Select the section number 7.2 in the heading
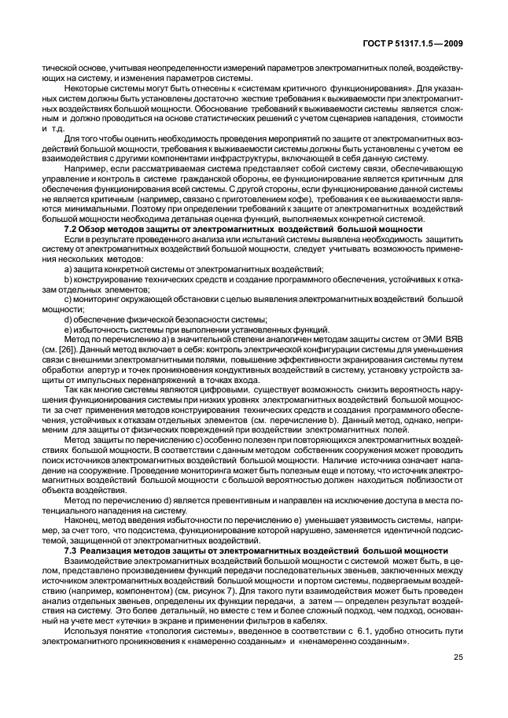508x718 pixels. point(70,228)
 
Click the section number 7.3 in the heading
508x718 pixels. point(70,550)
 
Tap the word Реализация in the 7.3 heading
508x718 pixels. point(109,550)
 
